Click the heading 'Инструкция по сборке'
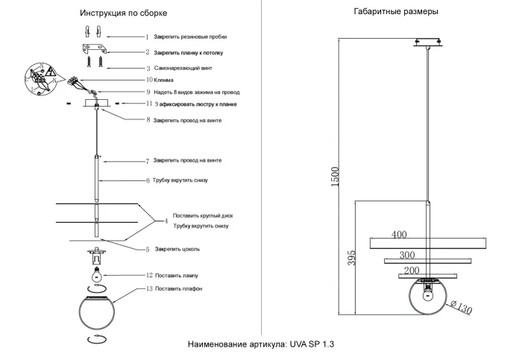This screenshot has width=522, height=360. click(123, 13)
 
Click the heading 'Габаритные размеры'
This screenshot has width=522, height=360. click(395, 12)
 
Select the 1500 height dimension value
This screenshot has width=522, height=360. click(336, 177)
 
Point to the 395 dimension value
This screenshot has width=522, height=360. click(352, 257)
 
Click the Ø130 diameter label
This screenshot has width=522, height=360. click(463, 306)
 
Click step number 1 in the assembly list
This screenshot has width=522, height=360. click(148, 36)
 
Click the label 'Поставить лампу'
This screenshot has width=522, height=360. click(178, 276)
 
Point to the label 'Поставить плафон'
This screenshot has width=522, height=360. click(179, 288)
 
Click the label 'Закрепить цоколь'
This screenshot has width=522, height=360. click(178, 249)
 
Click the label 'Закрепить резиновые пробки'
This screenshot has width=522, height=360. click(190, 36)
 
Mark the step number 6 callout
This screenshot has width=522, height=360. click(148, 180)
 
